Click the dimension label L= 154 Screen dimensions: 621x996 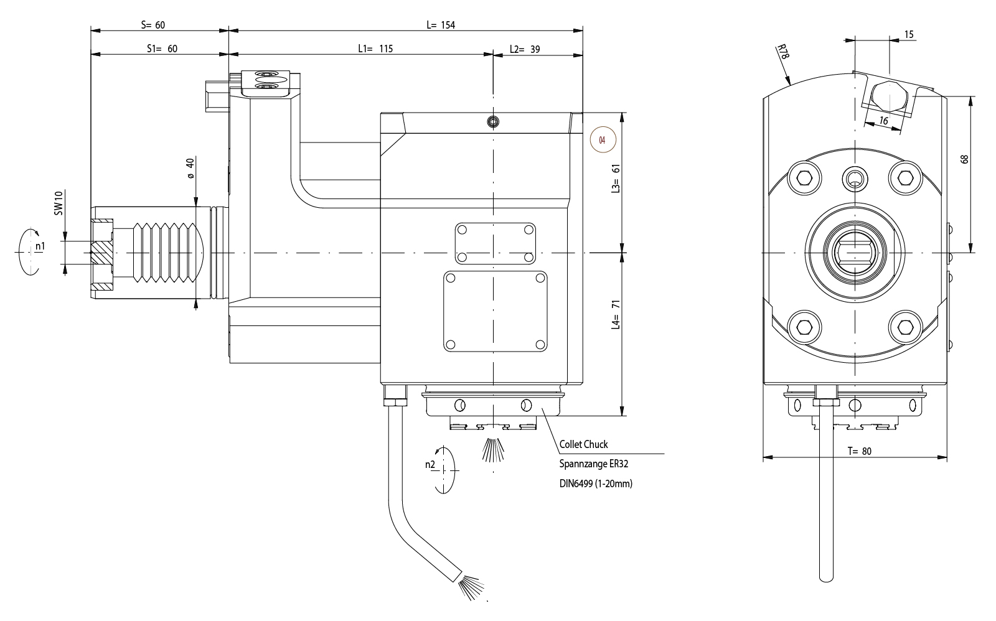[441, 25]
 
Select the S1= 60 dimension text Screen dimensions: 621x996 [162, 49]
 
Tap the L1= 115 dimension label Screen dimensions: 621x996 [375, 49]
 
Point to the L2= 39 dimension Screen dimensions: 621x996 [524, 49]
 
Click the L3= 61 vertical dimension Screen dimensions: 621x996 [616, 179]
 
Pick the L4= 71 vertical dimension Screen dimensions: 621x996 [616, 315]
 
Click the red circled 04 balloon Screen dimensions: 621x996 [602, 140]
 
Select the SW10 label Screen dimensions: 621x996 [59, 203]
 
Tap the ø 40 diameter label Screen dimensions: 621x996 [190, 168]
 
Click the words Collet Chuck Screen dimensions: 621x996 [583, 444]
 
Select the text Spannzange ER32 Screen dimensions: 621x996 [589, 464]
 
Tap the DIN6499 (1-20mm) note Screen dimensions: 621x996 [595, 483]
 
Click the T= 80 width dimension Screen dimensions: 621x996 [859, 452]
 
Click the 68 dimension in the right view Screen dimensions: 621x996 [965, 159]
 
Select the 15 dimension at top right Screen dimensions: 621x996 [909, 35]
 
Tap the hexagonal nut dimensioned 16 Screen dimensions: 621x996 [890, 96]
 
